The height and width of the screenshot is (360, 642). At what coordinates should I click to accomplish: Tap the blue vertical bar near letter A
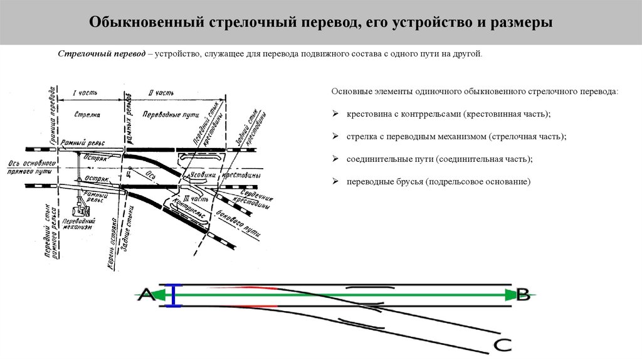coord(176,295)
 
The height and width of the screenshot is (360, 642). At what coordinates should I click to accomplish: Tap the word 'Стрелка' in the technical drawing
coord(87,115)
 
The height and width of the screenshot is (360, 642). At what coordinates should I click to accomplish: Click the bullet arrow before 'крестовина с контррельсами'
coord(335,114)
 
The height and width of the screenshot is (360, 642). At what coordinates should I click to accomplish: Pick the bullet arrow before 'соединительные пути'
coord(335,159)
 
